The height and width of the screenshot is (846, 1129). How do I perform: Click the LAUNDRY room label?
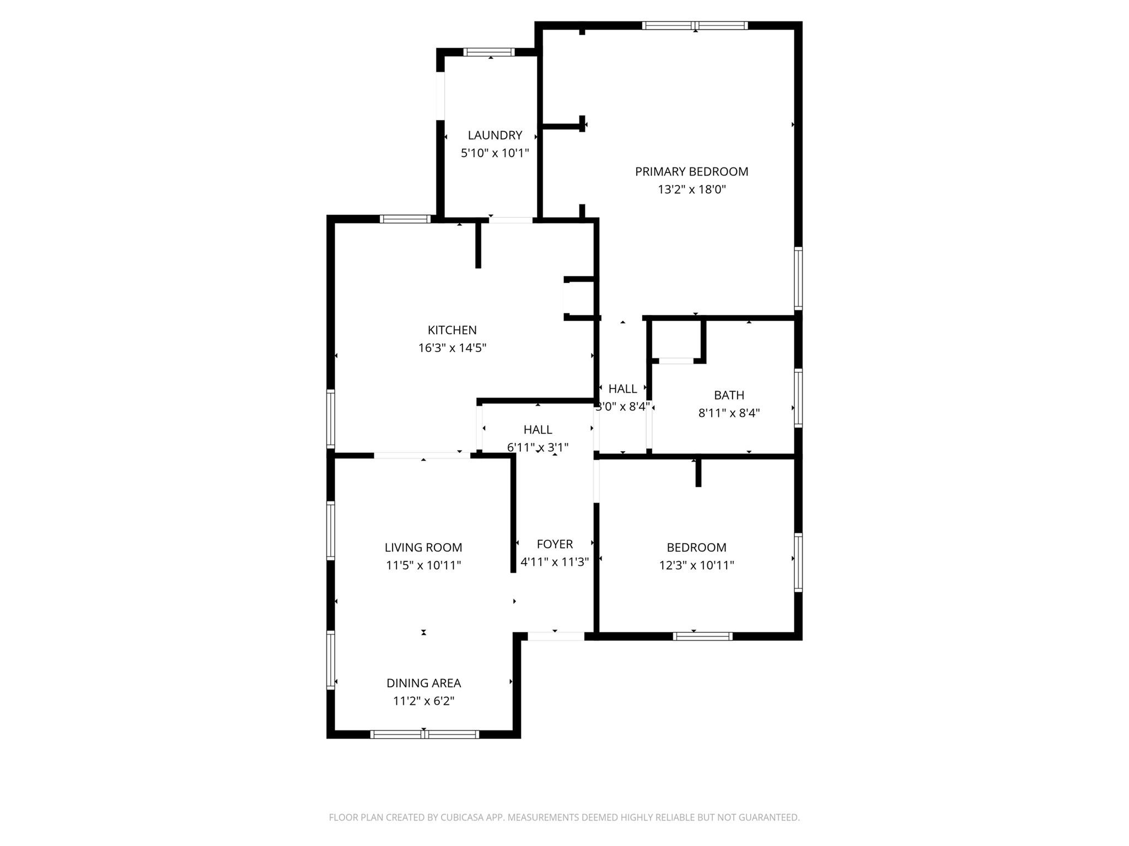[494, 135]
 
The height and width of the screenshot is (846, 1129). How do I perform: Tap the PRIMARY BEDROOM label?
[691, 172]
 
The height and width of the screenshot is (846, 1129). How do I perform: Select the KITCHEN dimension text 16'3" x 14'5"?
[452, 348]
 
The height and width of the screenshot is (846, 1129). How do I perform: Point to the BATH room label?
[729, 395]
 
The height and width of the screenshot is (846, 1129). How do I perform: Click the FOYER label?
[555, 544]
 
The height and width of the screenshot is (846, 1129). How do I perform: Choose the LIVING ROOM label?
[423, 547]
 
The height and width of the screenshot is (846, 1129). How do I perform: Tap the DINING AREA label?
[423, 683]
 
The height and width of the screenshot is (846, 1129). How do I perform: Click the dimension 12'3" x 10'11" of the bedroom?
[696, 565]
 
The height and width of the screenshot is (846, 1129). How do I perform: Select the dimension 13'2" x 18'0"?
[691, 189]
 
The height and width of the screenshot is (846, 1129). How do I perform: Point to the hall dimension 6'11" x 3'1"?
[537, 447]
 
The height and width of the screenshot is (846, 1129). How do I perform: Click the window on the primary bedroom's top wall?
[695, 25]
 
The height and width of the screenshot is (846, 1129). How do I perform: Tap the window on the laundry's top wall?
[488, 52]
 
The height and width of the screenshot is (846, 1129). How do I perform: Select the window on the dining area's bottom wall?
[424, 734]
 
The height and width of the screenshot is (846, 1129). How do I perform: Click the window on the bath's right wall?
[798, 398]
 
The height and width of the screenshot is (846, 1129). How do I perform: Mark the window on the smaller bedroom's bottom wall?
[702, 636]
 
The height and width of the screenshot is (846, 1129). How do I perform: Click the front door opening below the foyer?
[556, 636]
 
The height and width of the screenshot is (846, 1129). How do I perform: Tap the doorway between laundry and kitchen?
[510, 220]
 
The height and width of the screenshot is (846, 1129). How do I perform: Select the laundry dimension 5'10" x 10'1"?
[494, 153]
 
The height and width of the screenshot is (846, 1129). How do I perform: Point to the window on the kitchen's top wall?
[405, 219]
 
